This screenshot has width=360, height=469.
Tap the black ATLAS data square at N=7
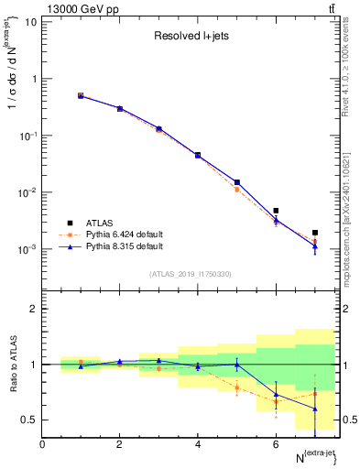coord(315,233)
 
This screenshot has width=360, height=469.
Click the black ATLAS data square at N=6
coord(276,211)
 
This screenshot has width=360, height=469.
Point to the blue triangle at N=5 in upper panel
coord(237,182)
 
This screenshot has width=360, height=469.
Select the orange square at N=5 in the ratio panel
coord(237,387)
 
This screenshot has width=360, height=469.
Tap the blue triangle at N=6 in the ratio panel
coord(276,395)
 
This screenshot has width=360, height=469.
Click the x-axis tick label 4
coord(198,444)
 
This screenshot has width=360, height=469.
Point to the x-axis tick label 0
coord(42,444)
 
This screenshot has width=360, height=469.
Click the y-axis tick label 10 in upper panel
coord(29,21)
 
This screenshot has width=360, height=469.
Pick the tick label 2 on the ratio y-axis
coord(32,309)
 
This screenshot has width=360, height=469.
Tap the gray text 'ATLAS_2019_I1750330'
coord(191,274)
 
